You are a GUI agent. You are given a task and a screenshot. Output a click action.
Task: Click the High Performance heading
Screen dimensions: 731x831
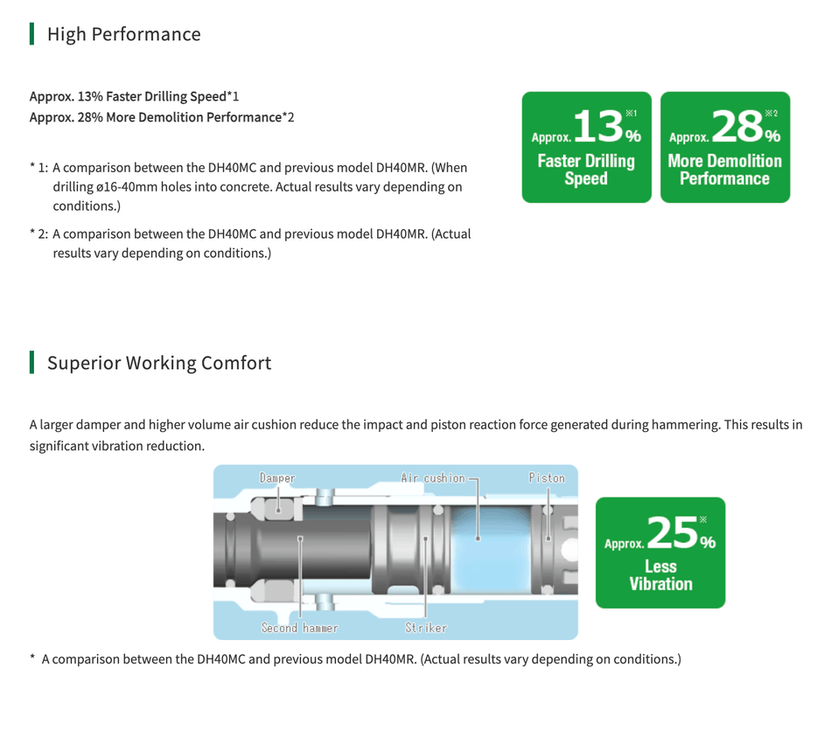[123, 34]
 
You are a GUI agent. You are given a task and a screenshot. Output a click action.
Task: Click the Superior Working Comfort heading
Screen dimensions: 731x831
[158, 363]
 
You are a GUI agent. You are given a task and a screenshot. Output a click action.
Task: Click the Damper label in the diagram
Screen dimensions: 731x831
[277, 478]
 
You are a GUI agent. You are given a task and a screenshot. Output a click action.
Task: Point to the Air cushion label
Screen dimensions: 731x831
[432, 478]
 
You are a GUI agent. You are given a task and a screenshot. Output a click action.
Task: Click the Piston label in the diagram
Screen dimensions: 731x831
[547, 478]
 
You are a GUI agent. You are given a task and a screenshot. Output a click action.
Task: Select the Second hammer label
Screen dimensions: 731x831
[299, 628]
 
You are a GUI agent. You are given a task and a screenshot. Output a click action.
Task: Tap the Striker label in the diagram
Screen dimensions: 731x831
[426, 628]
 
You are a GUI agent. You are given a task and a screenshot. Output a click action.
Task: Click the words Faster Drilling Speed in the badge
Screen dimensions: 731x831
[586, 170]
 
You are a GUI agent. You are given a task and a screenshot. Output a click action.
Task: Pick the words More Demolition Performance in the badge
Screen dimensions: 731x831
[724, 170]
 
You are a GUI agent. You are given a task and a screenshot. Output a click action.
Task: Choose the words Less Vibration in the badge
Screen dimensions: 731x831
[660, 575]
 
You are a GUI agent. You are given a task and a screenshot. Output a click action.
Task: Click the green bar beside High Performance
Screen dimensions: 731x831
[32, 34]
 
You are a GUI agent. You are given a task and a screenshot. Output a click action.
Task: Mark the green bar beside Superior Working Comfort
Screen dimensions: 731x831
[32, 363]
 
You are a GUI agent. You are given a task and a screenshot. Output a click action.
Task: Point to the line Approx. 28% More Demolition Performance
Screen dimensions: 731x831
[162, 117]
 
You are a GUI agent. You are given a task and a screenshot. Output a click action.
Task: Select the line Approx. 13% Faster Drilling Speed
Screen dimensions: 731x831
[134, 95]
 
